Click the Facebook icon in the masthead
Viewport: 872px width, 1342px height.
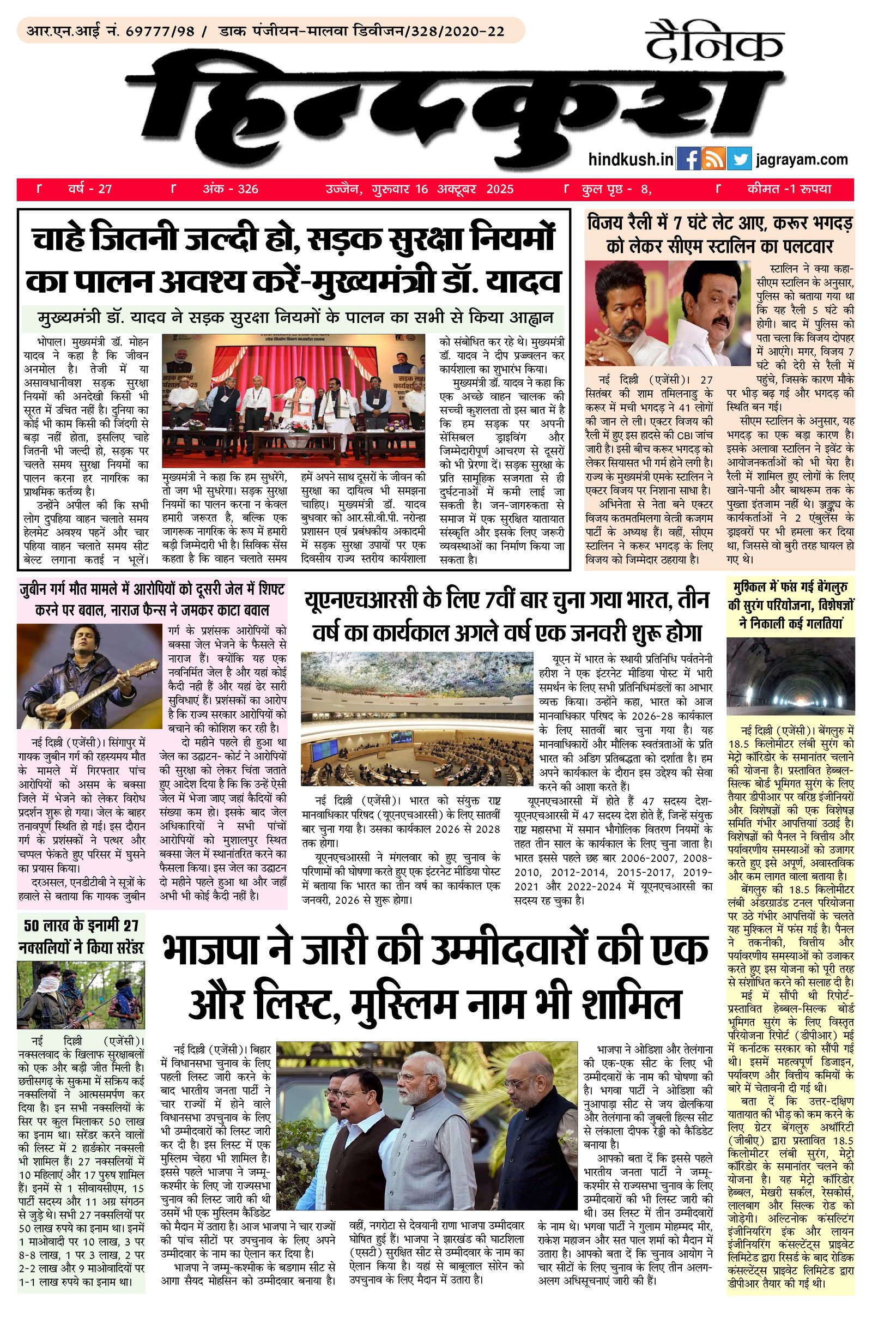[688, 159]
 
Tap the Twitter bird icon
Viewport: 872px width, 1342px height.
[738, 159]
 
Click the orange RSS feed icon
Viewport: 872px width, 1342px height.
[713, 159]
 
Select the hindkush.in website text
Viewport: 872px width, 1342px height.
[631, 160]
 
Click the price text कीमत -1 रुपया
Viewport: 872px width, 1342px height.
[789, 189]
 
